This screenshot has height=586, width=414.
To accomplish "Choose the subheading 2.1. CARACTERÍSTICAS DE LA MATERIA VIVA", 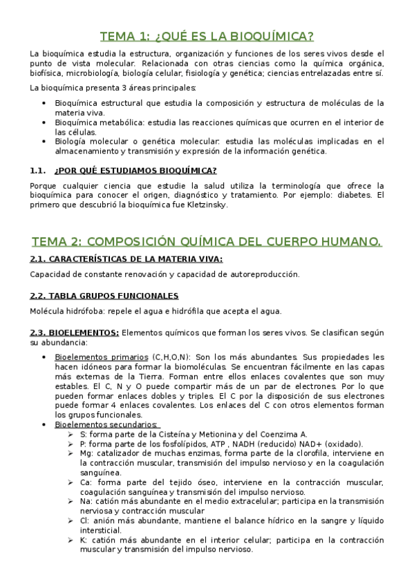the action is (x=126, y=258).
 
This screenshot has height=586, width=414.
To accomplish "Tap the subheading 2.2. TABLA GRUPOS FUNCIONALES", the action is (x=104, y=295).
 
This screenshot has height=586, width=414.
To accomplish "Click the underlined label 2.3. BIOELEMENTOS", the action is (x=75, y=332).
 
